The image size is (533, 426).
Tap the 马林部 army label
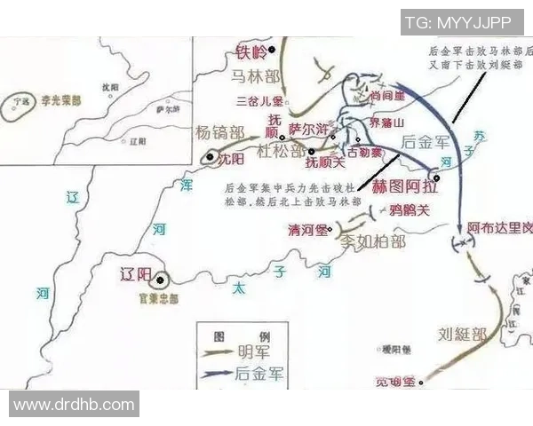(256, 77)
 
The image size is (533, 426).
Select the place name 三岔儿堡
(258, 101)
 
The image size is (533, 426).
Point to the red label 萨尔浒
(310, 129)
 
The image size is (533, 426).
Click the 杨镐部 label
(221, 132)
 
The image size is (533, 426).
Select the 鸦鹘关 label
(410, 210)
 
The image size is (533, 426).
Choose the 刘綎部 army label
(462, 335)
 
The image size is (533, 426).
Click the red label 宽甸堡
(396, 382)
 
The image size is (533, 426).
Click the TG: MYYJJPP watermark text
(460, 20)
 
